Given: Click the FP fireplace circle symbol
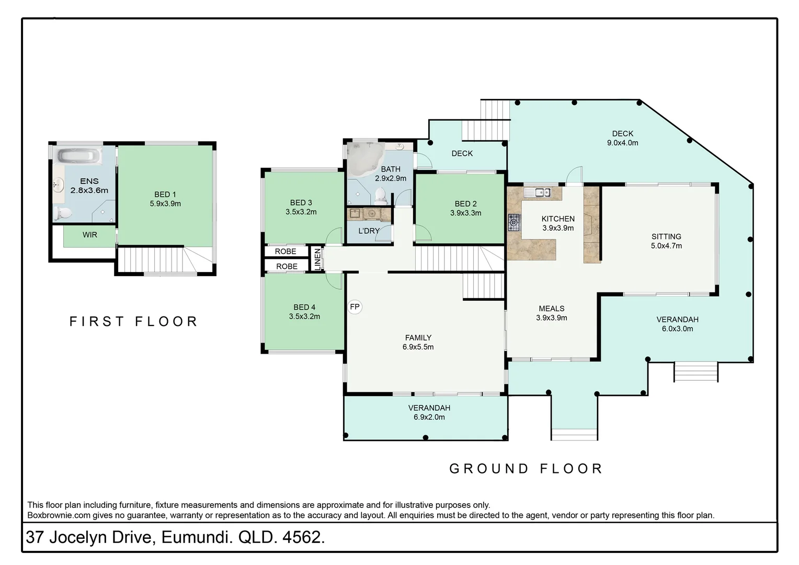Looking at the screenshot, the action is [x=355, y=307].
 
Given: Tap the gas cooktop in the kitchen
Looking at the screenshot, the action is [x=515, y=223].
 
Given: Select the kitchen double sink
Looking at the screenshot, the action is [x=538, y=193].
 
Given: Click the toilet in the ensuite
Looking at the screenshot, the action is [x=63, y=213].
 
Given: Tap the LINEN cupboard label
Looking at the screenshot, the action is [x=317, y=259].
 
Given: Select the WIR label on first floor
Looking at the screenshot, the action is [x=90, y=235].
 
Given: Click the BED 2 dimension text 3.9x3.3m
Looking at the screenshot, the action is [x=465, y=213].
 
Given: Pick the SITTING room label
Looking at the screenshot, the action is [x=666, y=236].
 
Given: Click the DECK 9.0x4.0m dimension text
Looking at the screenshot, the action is [x=622, y=143].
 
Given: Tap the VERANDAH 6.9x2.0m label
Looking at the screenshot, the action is [x=429, y=408].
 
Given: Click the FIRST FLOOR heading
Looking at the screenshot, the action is [x=134, y=321].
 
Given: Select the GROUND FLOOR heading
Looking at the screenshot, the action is [x=526, y=468].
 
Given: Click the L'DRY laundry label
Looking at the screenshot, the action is [x=369, y=231].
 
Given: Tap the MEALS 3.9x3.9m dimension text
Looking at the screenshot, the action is [x=552, y=318].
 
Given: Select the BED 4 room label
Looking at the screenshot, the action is [x=304, y=307].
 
